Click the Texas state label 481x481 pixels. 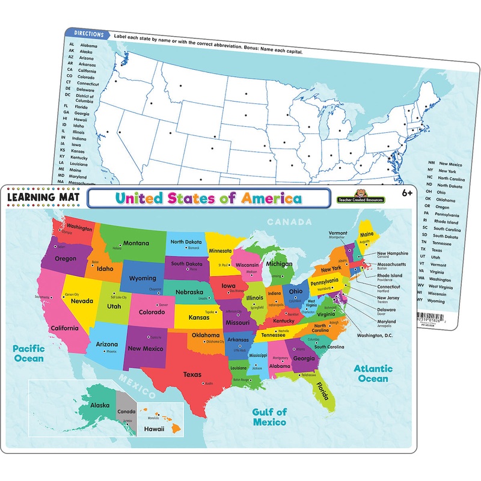click(192, 374)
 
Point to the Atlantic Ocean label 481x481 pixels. click(373, 373)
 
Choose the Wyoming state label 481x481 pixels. click(143, 278)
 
